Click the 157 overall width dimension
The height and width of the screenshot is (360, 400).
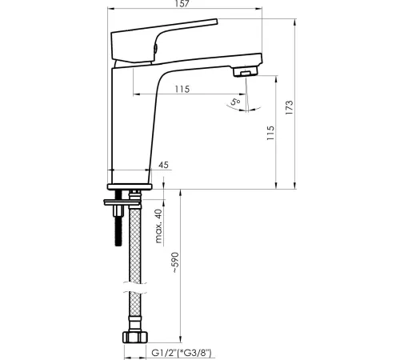(182, 3)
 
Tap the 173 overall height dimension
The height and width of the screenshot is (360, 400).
(289, 107)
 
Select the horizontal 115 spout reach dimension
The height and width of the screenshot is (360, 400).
(182, 89)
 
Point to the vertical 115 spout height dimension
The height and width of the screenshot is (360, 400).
(270, 133)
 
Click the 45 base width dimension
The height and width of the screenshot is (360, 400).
(163, 165)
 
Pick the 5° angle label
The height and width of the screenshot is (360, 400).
(235, 102)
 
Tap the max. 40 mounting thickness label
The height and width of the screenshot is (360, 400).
(158, 226)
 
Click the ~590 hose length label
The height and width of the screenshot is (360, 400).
(176, 262)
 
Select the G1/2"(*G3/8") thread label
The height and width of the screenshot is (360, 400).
(182, 353)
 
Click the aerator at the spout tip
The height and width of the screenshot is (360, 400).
(245, 72)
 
